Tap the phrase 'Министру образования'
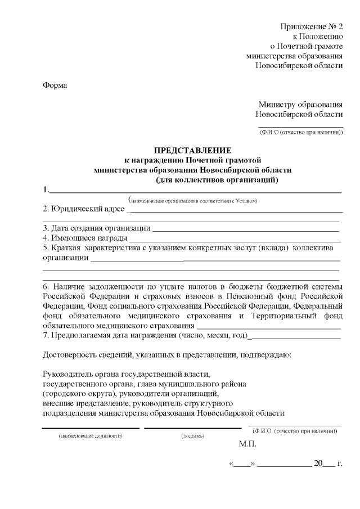(300, 104)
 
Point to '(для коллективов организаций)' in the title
(217, 180)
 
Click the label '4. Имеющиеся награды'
(85, 238)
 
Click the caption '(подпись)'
(193, 436)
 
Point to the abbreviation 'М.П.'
(247, 444)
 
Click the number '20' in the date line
(319, 464)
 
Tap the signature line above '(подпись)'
(193, 429)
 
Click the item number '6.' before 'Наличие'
(47, 286)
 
